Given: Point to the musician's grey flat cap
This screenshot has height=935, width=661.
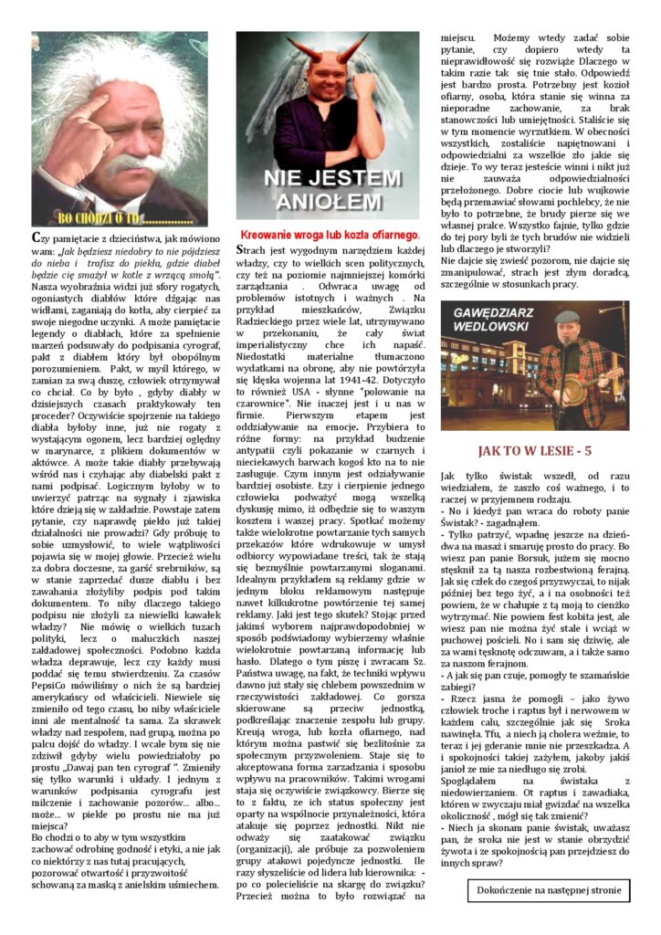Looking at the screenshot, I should coord(568,317).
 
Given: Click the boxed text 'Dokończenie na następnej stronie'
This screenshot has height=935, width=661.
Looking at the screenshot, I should coord(548,888).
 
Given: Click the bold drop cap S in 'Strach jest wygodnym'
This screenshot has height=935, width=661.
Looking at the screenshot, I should coord(240,249).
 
